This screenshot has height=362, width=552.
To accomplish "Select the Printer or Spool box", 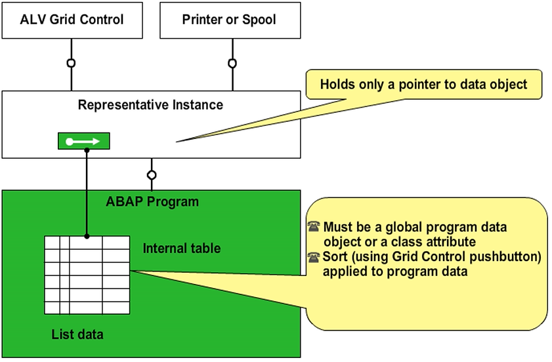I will pos(230,20).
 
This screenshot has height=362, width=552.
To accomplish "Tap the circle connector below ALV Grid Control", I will pos(71,63).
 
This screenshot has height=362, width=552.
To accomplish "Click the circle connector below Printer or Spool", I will pos(232,63).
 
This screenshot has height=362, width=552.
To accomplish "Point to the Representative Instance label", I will pos(150,105).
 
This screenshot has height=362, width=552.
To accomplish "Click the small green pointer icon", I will pos(84,141).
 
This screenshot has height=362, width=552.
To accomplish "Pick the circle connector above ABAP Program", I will pos(152,175).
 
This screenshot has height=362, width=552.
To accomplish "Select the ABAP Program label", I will pos(152,201).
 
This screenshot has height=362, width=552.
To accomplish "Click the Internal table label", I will pos(182,249).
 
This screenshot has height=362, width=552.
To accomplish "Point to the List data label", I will pos(77,334).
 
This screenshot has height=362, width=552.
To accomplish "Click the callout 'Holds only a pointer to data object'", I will pos(423,85).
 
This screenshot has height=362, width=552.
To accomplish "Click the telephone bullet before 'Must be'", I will pos(314,227).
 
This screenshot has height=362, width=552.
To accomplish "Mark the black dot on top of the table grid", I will pos(87,236).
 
